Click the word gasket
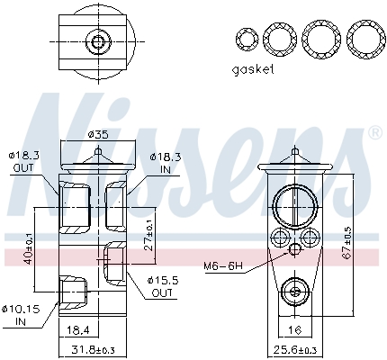(x=253, y=68)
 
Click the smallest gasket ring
(x=245, y=39)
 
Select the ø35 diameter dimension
(x=98, y=135)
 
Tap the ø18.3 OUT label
(x=23, y=162)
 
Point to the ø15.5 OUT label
(x=163, y=287)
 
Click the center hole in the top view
(x=96, y=41)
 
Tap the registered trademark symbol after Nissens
(x=373, y=133)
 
